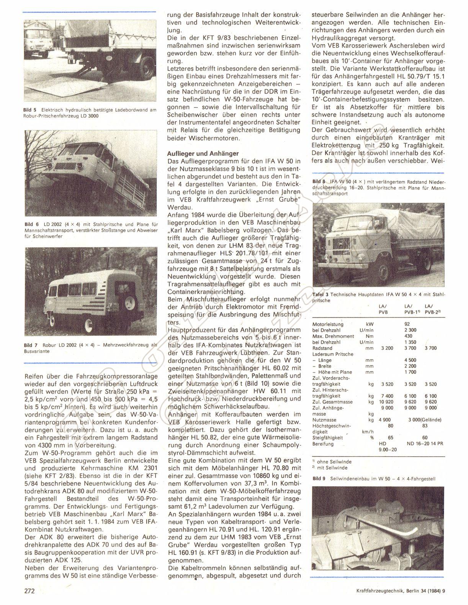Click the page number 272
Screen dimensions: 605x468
(29, 591)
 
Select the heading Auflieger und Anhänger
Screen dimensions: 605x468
(203, 153)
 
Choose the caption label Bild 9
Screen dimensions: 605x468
(319, 479)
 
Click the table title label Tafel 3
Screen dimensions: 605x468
(320, 294)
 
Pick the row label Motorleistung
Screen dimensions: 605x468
(328, 324)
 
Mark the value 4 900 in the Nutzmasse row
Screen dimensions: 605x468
(385, 420)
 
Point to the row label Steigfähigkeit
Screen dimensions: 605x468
(327, 437)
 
